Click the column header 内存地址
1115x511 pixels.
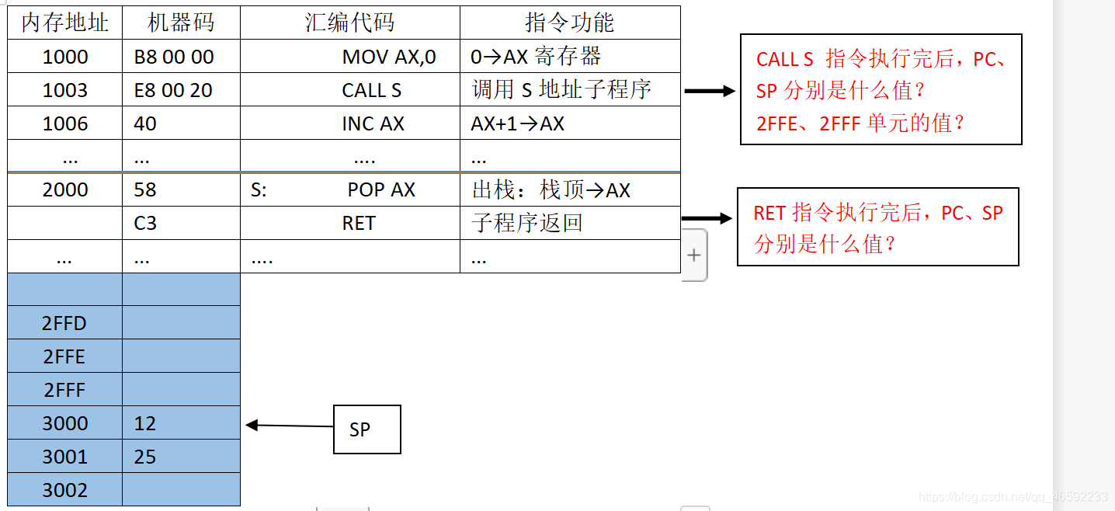click(64, 23)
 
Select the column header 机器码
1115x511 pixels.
click(180, 23)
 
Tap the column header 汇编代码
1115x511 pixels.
click(349, 23)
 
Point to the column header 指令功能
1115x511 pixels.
click(569, 23)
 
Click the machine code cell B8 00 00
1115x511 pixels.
click(173, 57)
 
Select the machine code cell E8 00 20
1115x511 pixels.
click(173, 90)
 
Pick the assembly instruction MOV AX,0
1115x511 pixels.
click(389, 57)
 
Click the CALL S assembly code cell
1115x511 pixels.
click(371, 90)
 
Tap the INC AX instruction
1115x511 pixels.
click(373, 123)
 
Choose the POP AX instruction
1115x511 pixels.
click(380, 189)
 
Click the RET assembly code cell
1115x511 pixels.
click(358, 224)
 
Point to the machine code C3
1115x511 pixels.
click(145, 224)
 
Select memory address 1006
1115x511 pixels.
click(65, 123)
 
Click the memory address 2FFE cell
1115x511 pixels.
click(64, 356)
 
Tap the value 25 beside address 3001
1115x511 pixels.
click(145, 457)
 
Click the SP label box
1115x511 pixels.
click(366, 429)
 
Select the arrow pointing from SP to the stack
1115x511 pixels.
click(289, 426)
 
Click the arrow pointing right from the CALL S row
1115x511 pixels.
click(709, 91)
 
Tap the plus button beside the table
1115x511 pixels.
click(693, 255)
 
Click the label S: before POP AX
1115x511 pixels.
click(259, 190)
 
